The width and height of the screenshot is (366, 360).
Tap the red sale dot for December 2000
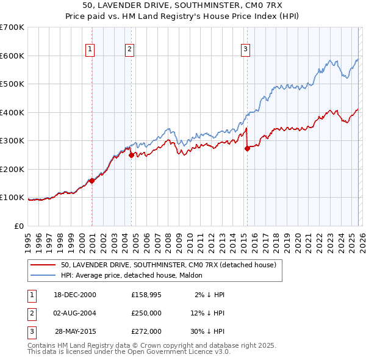92,181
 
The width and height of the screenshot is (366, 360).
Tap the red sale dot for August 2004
131,155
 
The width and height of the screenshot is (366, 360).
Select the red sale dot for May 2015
247,148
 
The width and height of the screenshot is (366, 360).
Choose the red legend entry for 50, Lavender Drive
168,265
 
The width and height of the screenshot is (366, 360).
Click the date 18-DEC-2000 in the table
75,295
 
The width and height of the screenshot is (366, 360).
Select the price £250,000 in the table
146,313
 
